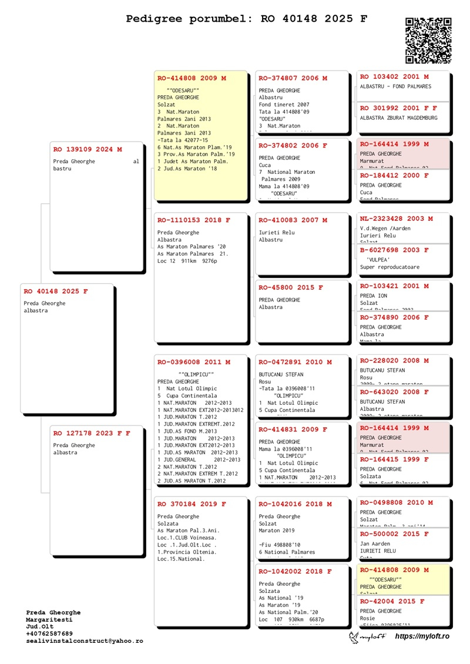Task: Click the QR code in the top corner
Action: pos(428,41)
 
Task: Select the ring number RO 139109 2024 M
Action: pos(88,149)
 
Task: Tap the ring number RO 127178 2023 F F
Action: pos(92,433)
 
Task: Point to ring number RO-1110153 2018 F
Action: pos(194,220)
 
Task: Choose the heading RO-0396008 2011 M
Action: pos(194,362)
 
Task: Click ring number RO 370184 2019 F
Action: pos(192,504)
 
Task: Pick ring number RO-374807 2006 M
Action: pos(293,78)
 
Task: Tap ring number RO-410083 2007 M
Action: pos(293,220)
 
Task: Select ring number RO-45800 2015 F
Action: pos(290,287)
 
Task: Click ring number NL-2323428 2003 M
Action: pos(396,219)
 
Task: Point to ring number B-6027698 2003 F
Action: pos(394,250)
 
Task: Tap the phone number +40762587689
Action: pos(49,633)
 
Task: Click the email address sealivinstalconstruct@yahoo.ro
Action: pos(84,641)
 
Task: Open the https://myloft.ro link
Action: pos(422,636)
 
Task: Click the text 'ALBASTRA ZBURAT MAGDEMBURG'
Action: pos(399,118)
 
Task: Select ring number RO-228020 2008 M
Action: pos(394,360)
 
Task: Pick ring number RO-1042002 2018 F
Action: pos(295,571)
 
